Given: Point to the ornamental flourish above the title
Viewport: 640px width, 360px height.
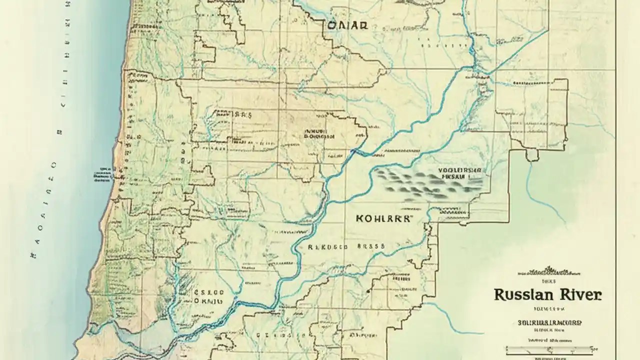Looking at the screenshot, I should click(x=549, y=271).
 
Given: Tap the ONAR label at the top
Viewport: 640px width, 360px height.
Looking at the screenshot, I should click(x=348, y=26).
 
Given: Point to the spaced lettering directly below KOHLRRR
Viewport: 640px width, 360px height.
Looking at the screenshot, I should click(x=346, y=246).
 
